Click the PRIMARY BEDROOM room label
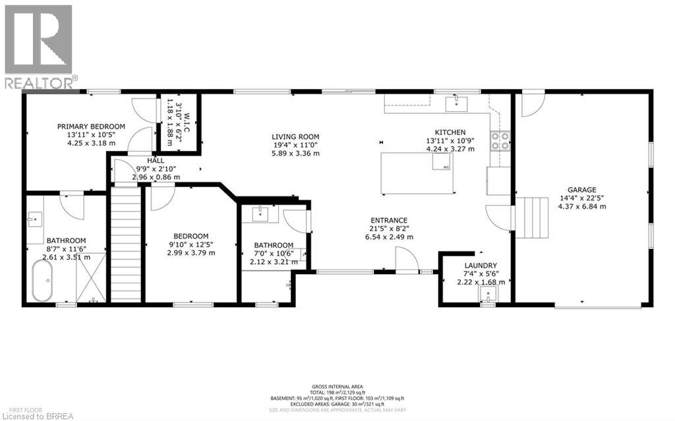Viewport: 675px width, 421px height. point(91,126)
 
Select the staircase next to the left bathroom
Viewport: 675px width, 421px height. point(126,244)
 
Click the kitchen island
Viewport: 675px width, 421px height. point(419,173)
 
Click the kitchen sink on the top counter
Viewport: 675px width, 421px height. point(455,103)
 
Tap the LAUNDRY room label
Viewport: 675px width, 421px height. point(481,266)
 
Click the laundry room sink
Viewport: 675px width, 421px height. point(487,300)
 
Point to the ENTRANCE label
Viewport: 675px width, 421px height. point(388,220)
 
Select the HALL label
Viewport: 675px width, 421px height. point(156,160)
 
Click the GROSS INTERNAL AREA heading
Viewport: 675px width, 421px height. point(338,387)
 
